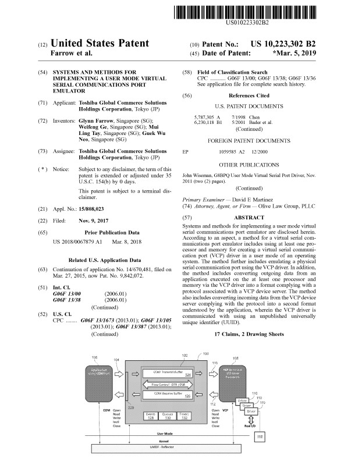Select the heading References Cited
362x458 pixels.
249,95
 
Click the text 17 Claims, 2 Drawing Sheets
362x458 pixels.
249,335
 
